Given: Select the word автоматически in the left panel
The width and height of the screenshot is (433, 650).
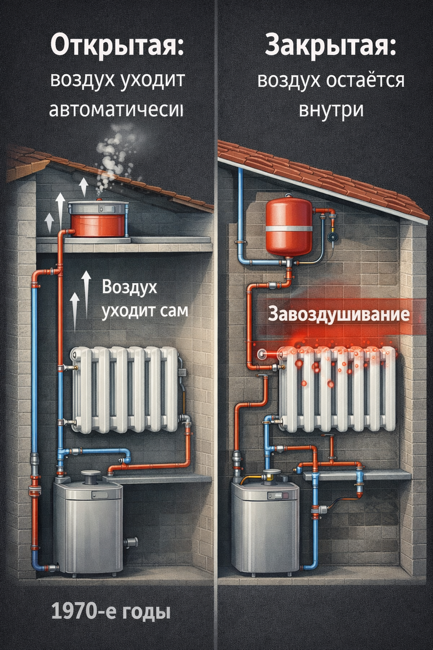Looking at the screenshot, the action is click(x=116, y=110).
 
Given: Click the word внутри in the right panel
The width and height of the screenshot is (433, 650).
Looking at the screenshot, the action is click(x=331, y=108).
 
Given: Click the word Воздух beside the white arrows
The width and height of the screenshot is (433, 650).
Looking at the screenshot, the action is click(x=129, y=288).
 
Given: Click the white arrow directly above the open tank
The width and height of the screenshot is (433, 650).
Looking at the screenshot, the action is click(x=83, y=186).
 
